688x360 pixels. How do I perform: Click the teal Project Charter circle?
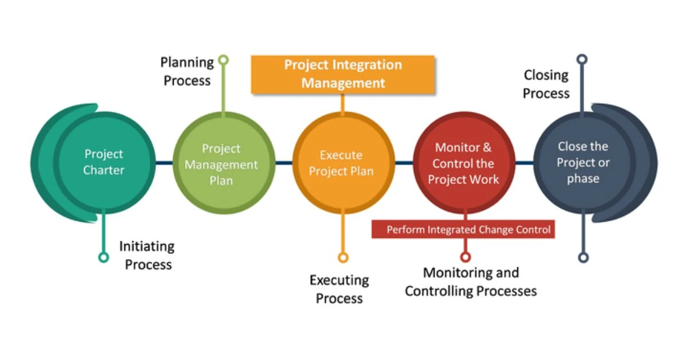104,162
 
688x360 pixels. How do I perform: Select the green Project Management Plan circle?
224,162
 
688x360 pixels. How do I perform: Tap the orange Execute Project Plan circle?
343,162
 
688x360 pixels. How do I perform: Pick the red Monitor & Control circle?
464,162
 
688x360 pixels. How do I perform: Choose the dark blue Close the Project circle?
584,162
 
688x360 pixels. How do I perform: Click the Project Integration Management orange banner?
343,75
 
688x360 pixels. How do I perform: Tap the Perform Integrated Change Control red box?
463,229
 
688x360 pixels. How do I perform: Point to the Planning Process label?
187,71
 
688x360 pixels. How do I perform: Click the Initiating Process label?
147,255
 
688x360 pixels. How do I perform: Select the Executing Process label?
339,289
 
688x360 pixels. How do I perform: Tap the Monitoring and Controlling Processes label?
471,281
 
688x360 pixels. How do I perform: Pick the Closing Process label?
546,84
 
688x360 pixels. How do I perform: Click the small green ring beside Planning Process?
224,60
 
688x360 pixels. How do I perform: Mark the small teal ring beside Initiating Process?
104,257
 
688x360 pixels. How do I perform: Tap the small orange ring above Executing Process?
343,257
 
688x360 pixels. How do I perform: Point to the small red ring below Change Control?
466,257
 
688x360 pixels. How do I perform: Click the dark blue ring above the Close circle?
582,59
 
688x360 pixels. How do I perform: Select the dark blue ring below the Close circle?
583,257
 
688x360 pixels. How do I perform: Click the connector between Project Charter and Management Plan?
165,162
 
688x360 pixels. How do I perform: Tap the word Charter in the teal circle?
104,170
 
